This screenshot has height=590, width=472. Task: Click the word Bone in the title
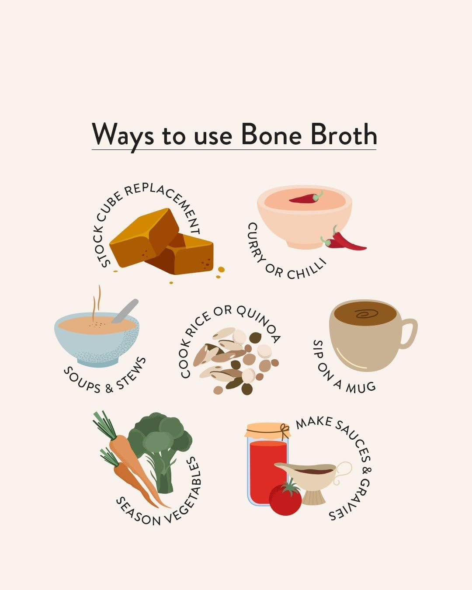271,134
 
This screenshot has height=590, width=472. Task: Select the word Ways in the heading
123,135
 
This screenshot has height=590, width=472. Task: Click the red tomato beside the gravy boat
285,498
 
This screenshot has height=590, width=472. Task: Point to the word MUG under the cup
361,387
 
